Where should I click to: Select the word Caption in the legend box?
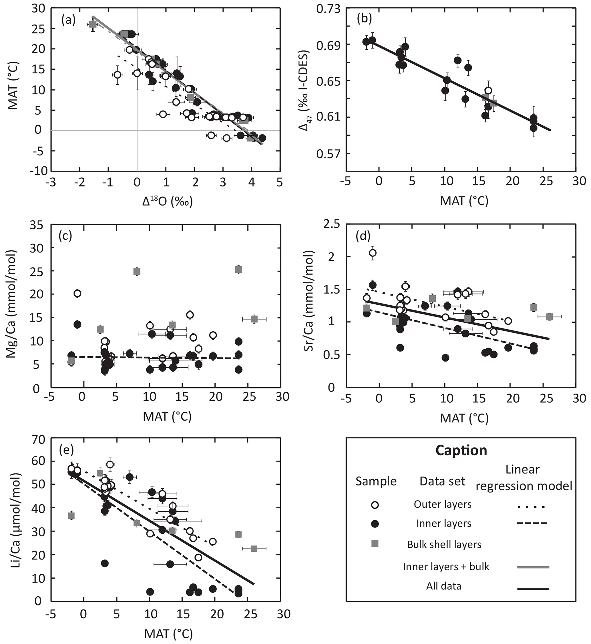[461, 450]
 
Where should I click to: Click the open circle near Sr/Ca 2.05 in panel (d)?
[373, 253]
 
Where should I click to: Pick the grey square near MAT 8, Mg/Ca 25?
[137, 272]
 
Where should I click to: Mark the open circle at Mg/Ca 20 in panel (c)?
[77, 293]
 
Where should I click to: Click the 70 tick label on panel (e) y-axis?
[37, 440]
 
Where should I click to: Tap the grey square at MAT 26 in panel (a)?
[92, 24]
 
